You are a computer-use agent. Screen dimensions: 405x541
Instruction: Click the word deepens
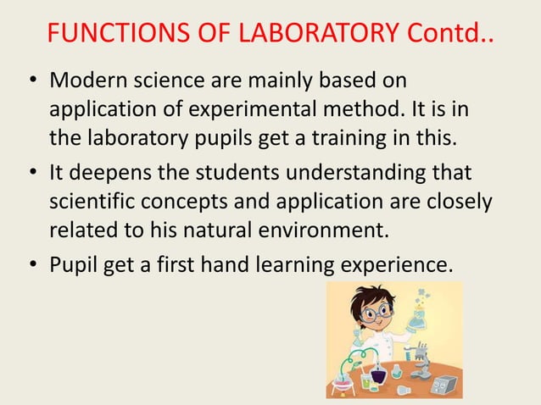coord(110,173)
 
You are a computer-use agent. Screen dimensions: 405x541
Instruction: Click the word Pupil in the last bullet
coord(75,264)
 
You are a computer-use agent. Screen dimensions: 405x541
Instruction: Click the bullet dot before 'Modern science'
coord(31,82)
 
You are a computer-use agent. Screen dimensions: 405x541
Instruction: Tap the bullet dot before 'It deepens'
coord(31,174)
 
